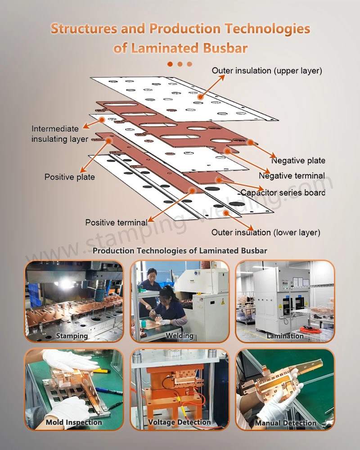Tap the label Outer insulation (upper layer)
click(x=267, y=71)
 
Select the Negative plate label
click(x=298, y=161)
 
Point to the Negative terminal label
click(x=292, y=176)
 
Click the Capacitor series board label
click(x=282, y=193)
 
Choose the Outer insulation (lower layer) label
click(x=266, y=233)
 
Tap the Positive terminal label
click(x=116, y=222)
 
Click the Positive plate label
click(x=69, y=177)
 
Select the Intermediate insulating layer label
click(x=59, y=134)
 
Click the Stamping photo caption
click(x=72, y=336)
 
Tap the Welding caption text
click(x=179, y=336)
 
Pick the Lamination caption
click(x=285, y=336)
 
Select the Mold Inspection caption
click(x=74, y=422)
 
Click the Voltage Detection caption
click(x=179, y=422)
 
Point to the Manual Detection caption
click(x=285, y=423)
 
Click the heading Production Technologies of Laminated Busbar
click(x=180, y=251)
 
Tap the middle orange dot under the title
click(x=180, y=64)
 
